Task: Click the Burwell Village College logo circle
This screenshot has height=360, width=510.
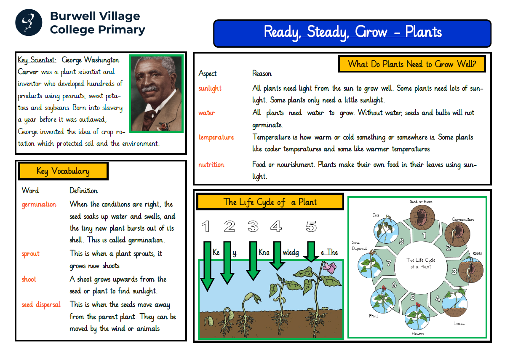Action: [x=29, y=23]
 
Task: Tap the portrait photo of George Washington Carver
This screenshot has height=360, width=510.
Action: [x=156, y=93]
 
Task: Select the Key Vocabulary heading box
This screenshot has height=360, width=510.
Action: [x=63, y=171]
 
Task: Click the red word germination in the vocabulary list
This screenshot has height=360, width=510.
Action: [x=39, y=204]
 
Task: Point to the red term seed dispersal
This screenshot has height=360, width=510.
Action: [x=41, y=304]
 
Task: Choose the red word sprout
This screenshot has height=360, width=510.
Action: [x=30, y=254]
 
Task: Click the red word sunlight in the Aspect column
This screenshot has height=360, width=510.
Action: [x=210, y=89]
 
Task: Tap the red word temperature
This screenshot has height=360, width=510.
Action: [x=216, y=137]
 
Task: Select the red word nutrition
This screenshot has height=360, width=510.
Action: [x=211, y=165]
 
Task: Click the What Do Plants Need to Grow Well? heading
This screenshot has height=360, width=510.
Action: [x=412, y=64]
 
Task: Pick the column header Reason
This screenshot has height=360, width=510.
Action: [x=262, y=74]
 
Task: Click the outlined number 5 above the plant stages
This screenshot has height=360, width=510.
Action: [x=311, y=227]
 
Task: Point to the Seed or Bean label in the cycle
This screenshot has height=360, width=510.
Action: [x=421, y=202]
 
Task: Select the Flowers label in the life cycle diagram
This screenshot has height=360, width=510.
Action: [x=417, y=333]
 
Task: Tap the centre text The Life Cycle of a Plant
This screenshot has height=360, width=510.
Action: [x=420, y=263]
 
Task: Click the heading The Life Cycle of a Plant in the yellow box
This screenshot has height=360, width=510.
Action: [x=270, y=202]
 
